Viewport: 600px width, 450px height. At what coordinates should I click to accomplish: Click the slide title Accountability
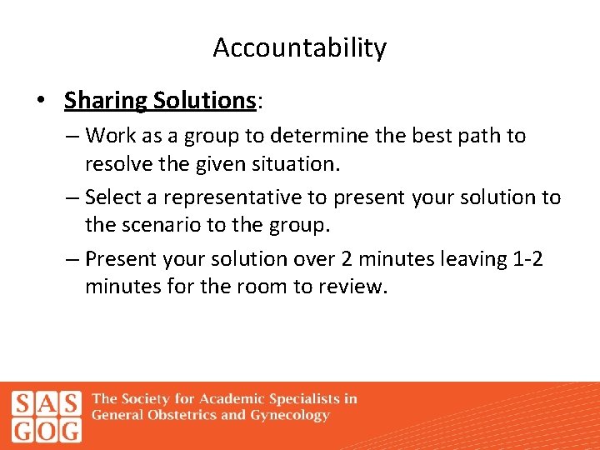(x=300, y=48)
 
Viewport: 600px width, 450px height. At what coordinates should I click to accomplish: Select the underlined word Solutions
(x=204, y=101)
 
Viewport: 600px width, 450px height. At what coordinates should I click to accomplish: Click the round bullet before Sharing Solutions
(x=40, y=101)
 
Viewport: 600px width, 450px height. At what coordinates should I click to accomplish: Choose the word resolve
(x=119, y=164)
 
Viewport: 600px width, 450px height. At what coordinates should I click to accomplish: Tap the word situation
(x=295, y=164)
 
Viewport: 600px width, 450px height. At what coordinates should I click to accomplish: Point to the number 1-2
(x=525, y=259)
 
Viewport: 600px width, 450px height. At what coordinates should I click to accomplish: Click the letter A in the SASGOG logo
(x=47, y=404)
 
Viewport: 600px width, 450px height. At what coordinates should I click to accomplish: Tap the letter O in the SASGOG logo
(x=47, y=430)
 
